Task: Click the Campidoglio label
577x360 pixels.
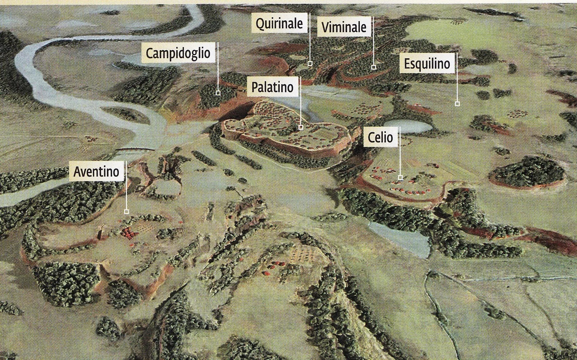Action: [x=178, y=53]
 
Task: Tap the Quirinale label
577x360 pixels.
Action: [x=279, y=24]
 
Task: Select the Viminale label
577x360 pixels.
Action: [x=344, y=27]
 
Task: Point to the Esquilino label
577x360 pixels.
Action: [x=427, y=64]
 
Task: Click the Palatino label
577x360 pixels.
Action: [x=272, y=87]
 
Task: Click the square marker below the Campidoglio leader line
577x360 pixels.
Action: [x=218, y=93]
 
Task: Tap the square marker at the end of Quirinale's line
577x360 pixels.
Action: [x=310, y=63]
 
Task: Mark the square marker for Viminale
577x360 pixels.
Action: [x=374, y=67]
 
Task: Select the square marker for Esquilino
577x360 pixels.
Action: [x=457, y=103]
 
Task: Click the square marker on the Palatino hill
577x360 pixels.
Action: [x=301, y=127]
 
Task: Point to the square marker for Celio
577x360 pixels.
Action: [x=400, y=177]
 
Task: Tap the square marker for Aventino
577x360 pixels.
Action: [x=126, y=211]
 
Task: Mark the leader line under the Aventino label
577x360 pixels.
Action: [x=126, y=195]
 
